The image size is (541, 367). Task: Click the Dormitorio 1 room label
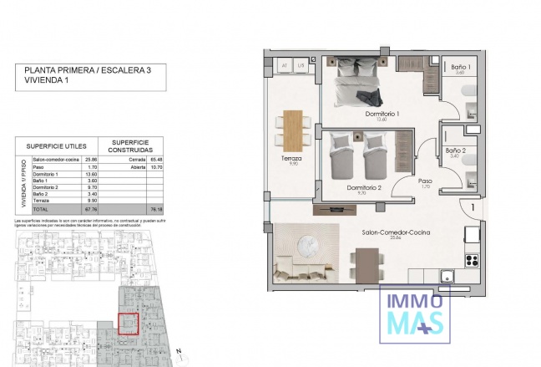pos(382,113)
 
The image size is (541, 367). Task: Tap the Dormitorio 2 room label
pos(363,187)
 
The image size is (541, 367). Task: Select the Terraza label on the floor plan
pos(291,158)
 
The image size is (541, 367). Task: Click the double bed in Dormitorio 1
pos(361,83)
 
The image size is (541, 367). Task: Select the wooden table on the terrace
pos(292,130)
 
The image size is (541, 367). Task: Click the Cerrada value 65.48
pos(154,158)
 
